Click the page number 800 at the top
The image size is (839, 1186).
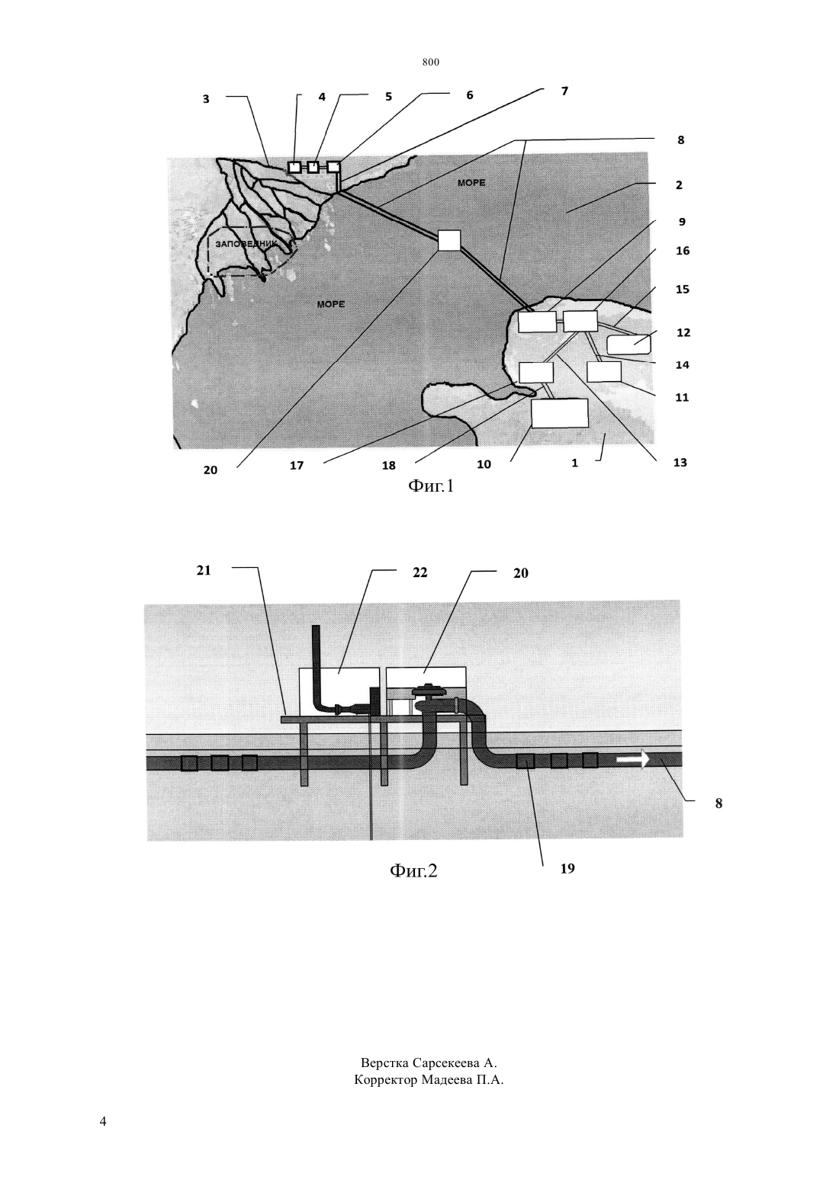[x=431, y=63]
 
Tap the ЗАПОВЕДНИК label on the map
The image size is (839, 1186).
[x=246, y=244]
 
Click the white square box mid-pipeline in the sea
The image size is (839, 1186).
[x=449, y=240]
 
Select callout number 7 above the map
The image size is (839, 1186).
[x=564, y=91]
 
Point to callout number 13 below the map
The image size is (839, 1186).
[x=680, y=463]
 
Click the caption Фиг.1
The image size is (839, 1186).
[x=431, y=486]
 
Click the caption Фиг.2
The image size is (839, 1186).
[x=413, y=870]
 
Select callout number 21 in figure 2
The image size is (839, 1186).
[x=204, y=570]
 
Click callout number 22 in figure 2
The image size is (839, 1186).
[x=420, y=572]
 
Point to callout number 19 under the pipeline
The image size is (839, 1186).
[x=567, y=869]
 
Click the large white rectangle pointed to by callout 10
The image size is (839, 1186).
[x=560, y=414]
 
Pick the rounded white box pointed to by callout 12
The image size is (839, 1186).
[x=628, y=345]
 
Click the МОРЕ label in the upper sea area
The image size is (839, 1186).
[x=471, y=183]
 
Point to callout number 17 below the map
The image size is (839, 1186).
[x=297, y=466]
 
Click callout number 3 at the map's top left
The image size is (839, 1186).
[x=206, y=99]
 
